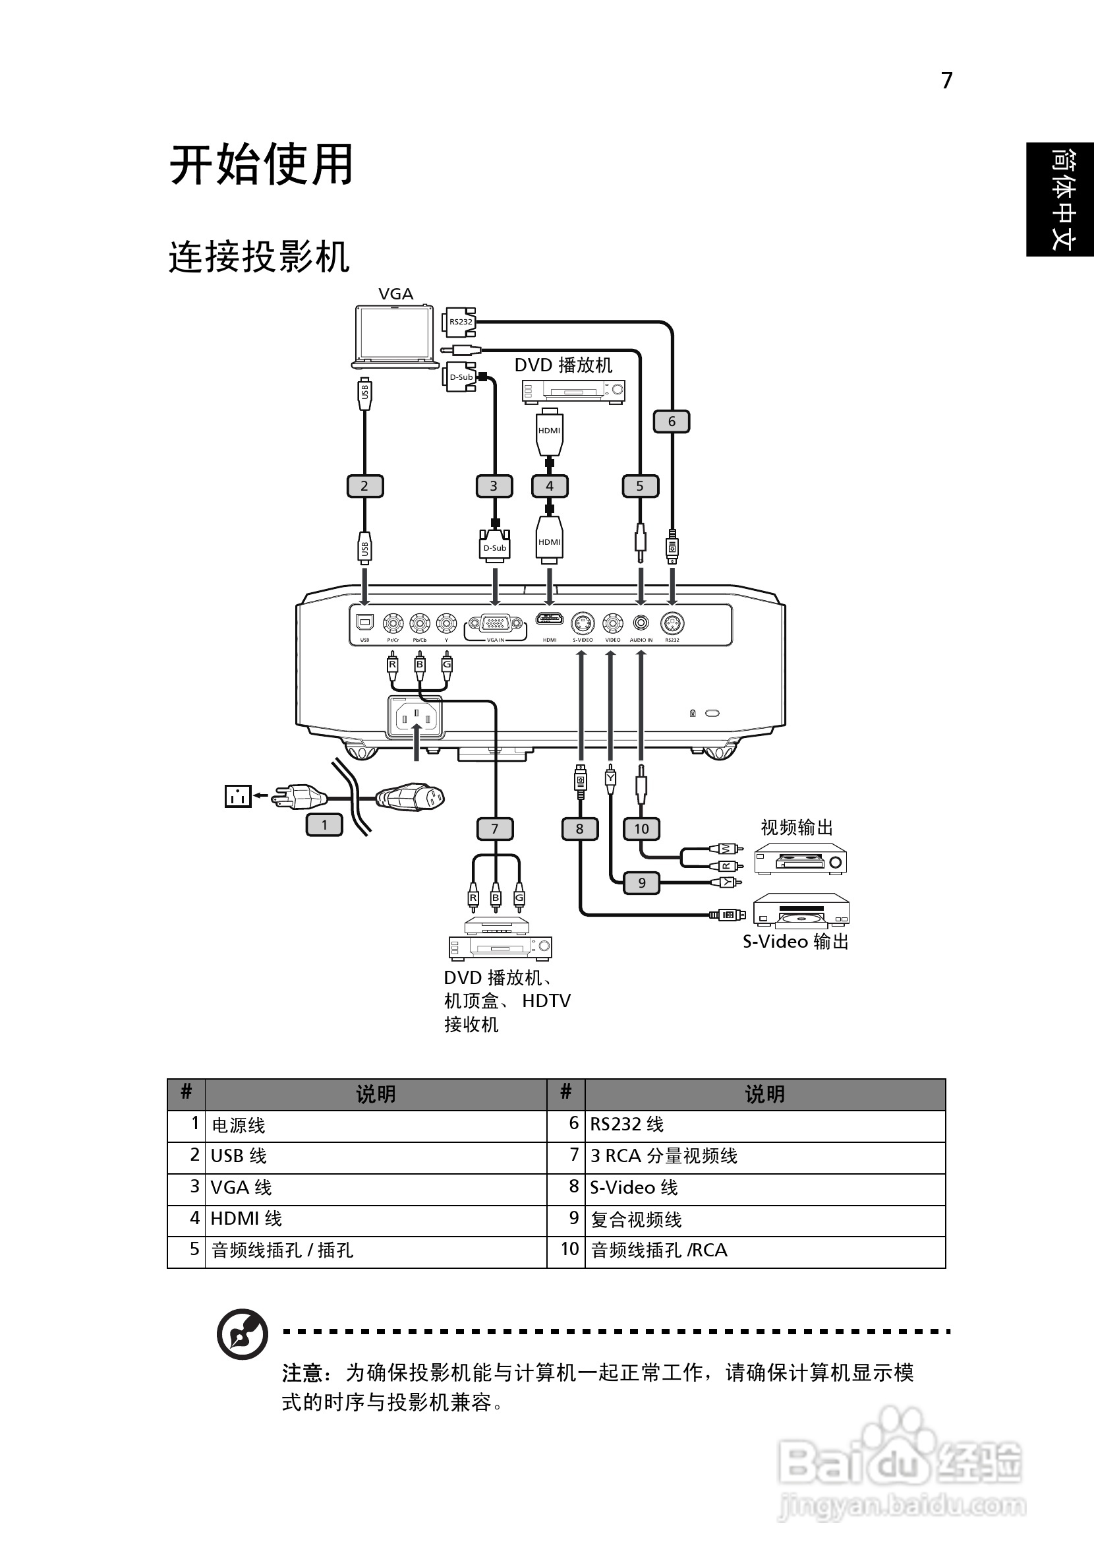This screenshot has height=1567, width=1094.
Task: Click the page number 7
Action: click(x=946, y=80)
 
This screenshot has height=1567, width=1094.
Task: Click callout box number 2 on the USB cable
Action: click(x=364, y=486)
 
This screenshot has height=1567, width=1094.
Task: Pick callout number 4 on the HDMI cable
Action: click(x=550, y=486)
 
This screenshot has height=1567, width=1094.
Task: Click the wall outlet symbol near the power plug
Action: click(x=237, y=796)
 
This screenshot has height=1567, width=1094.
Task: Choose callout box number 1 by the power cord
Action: click(x=324, y=825)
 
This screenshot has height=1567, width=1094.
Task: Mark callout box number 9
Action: click(x=641, y=883)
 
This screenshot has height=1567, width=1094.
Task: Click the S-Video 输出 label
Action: click(x=795, y=942)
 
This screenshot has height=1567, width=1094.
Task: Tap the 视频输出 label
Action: click(x=797, y=827)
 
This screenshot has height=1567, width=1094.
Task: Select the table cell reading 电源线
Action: click(x=239, y=1125)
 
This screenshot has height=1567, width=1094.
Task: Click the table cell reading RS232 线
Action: click(x=627, y=1124)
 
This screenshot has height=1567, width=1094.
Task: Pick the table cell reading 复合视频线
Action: click(x=637, y=1219)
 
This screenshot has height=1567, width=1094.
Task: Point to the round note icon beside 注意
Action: click(x=242, y=1334)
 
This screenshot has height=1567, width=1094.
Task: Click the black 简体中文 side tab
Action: click(x=1060, y=199)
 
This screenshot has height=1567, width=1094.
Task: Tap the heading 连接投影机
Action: click(x=259, y=257)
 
